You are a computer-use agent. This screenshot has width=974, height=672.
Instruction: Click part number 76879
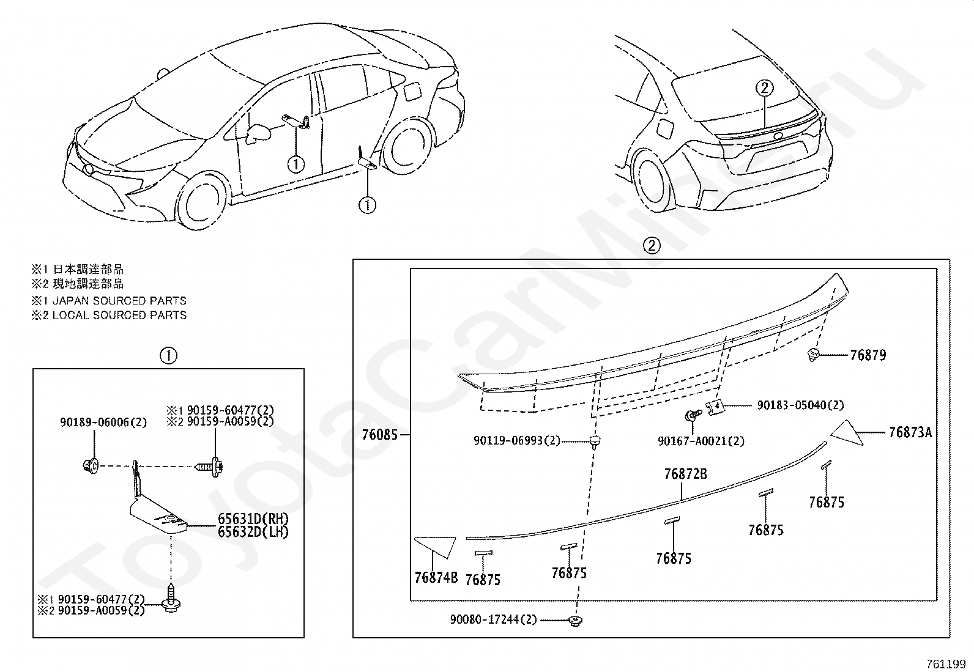pos(868,355)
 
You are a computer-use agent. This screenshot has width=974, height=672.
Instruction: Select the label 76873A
pos(910,433)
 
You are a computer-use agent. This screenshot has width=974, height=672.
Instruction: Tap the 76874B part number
pos(436,578)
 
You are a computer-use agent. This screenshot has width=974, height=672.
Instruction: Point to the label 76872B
pos(685,474)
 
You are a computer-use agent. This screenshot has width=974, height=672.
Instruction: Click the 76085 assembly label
pos(379,435)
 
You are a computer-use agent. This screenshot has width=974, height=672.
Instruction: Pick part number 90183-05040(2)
pos(800,405)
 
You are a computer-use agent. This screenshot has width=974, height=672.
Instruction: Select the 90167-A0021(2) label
pos(701,441)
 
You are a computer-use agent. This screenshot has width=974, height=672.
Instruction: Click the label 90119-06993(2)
pos(516,440)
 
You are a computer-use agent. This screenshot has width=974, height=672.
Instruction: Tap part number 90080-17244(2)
pos(493,619)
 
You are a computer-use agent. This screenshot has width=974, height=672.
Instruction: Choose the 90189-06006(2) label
pos(103,423)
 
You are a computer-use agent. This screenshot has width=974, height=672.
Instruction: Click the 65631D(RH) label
pos(253,519)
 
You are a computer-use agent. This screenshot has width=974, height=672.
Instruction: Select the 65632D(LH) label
pos(253,532)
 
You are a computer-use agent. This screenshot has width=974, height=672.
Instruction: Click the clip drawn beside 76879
pos(814,354)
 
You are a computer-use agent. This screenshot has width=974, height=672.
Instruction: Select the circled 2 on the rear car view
pos(764,88)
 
